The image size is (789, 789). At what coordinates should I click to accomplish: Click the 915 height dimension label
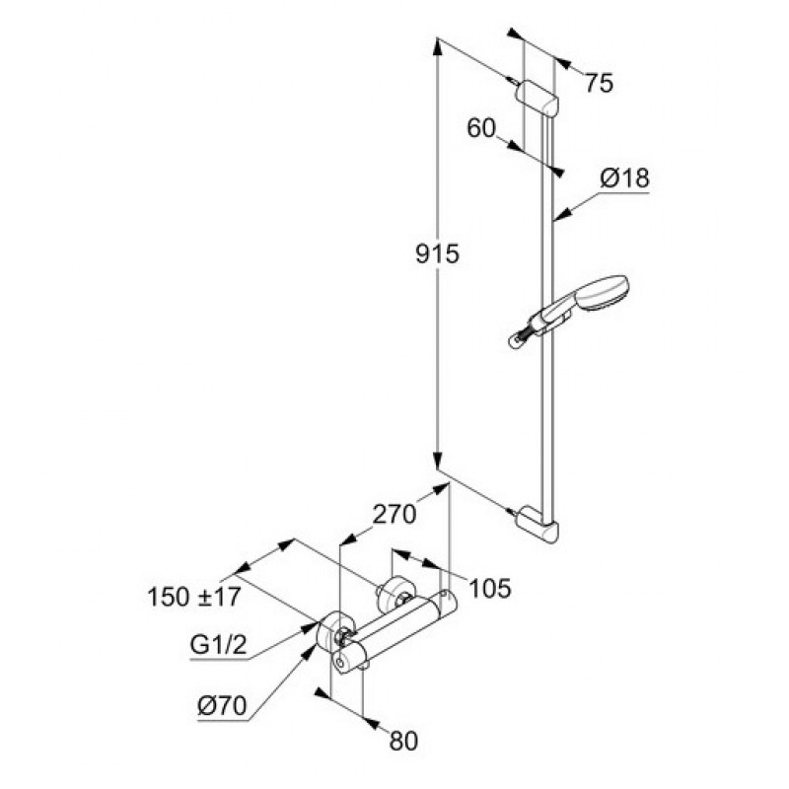(437, 254)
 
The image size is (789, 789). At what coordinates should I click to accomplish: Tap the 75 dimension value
(599, 83)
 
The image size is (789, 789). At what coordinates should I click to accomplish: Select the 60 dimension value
(481, 128)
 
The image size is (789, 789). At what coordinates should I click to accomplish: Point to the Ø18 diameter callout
(624, 178)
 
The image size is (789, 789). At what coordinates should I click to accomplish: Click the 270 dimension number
(394, 514)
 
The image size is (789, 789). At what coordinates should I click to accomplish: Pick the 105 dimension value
(489, 588)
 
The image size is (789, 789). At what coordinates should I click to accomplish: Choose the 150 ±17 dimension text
(194, 598)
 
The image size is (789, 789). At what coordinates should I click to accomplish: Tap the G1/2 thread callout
(218, 645)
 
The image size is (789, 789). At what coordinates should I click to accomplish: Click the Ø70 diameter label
(222, 706)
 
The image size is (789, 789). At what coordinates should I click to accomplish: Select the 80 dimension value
(403, 741)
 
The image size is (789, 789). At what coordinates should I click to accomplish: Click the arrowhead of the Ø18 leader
(562, 215)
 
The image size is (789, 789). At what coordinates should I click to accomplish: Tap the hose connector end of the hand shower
(517, 340)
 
